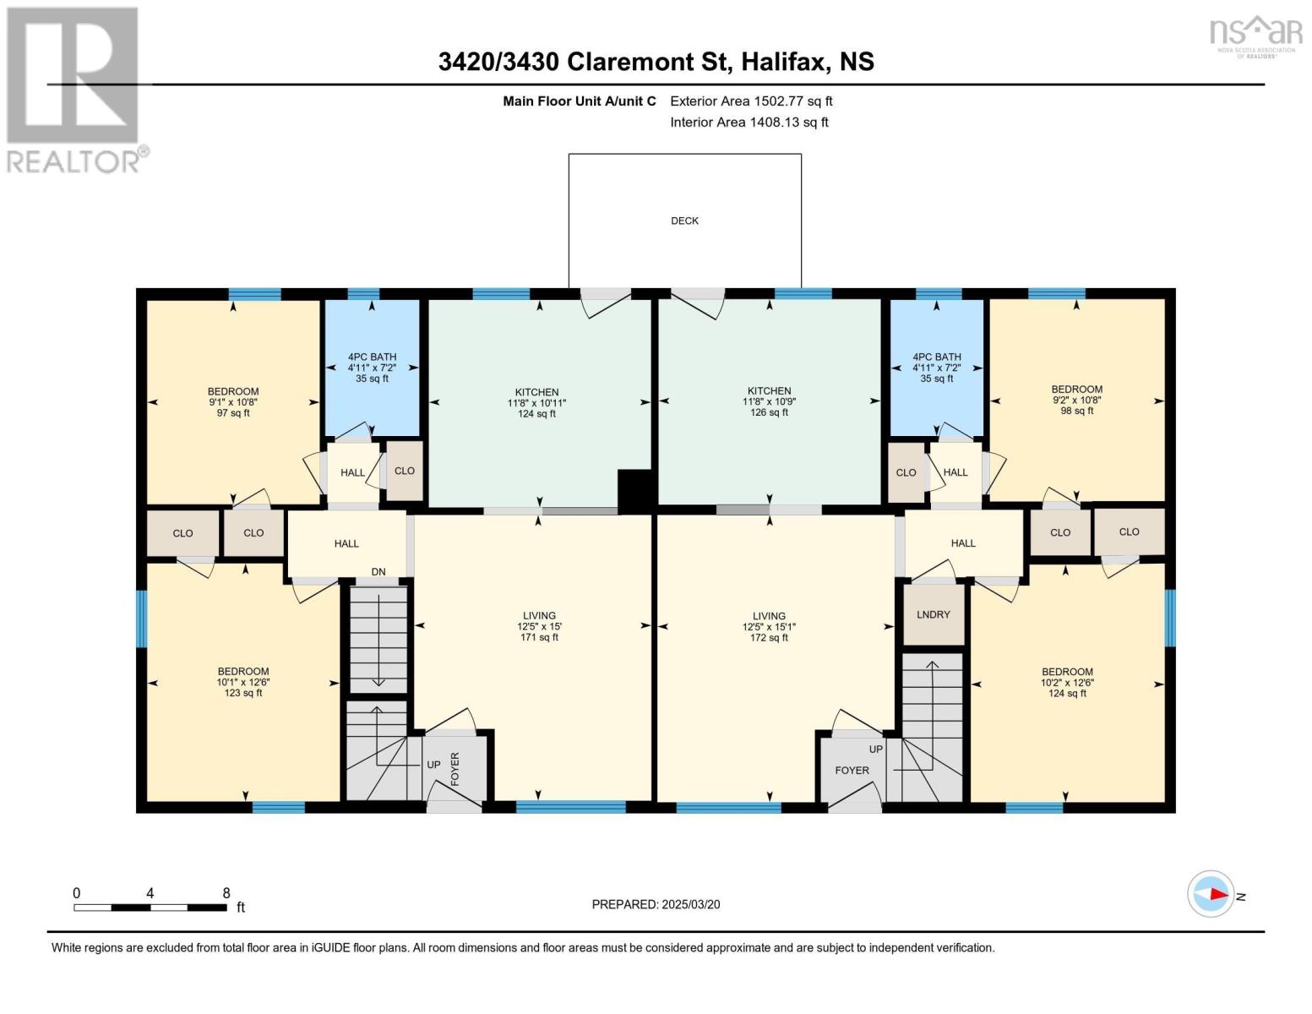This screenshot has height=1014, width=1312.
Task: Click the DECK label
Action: point(684,221)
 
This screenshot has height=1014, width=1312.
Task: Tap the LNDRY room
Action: point(934,614)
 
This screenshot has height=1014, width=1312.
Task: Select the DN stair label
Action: point(378,572)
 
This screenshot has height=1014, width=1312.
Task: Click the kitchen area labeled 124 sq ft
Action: point(536,403)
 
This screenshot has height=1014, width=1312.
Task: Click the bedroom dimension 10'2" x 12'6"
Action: point(1068,683)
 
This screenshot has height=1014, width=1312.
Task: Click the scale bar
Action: point(150,908)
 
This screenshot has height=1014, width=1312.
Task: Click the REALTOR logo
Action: point(75,90)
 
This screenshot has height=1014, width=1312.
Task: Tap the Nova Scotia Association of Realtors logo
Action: point(1256,37)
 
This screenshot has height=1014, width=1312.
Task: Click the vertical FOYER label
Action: point(455,769)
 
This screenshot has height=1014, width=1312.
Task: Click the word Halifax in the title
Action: point(784,62)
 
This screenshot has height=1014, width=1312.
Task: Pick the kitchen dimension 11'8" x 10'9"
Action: point(770,401)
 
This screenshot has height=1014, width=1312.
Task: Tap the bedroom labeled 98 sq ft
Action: point(1077,400)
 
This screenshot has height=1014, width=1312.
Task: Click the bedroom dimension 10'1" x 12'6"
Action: point(243,683)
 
